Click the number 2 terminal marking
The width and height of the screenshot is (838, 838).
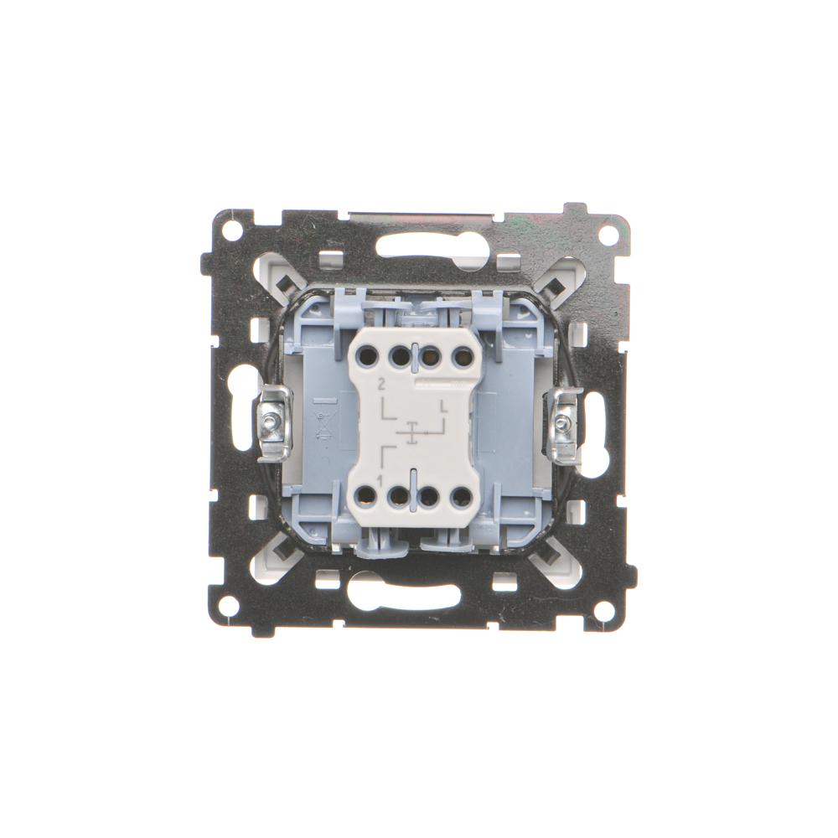coord(381,383)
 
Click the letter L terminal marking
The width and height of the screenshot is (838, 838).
coord(443,406)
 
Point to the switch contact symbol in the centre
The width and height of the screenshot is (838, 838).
coord(411,432)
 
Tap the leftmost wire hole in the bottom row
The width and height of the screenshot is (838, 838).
coord(367,497)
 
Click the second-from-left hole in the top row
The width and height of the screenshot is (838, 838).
coord(399,354)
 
